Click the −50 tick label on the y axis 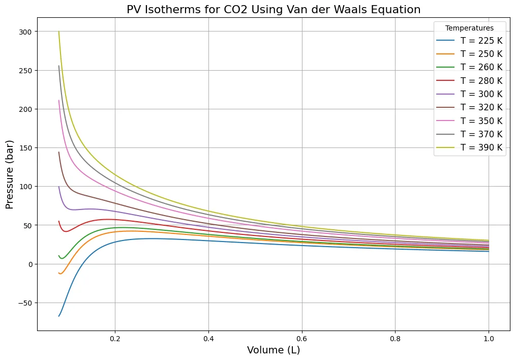click(23, 303)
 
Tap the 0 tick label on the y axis click(29, 264)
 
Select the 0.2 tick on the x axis click(115, 337)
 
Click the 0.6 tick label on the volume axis click(302, 337)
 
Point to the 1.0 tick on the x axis click(489, 337)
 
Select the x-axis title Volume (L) click(274, 350)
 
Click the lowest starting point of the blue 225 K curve click(59, 316)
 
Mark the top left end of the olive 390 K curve click(59, 32)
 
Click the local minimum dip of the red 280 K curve click(66, 231)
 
